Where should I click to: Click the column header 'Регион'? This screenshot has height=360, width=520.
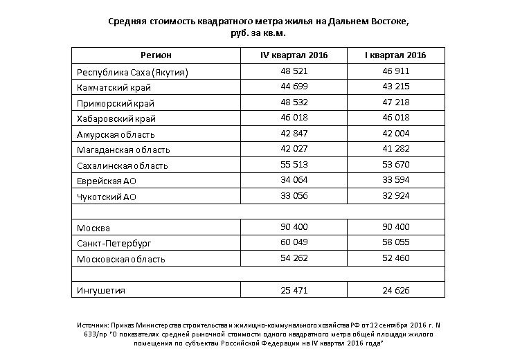(156, 55)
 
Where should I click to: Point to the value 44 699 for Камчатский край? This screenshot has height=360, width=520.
(294, 87)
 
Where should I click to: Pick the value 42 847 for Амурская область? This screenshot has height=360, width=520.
(294, 134)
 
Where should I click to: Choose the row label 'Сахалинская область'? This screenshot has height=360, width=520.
(123, 165)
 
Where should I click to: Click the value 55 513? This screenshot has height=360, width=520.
(294, 165)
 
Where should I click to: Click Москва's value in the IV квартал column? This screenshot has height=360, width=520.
(294, 227)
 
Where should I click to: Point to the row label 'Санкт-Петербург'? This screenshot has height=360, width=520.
(114, 244)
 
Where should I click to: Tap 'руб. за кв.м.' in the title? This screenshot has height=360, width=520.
(258, 33)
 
